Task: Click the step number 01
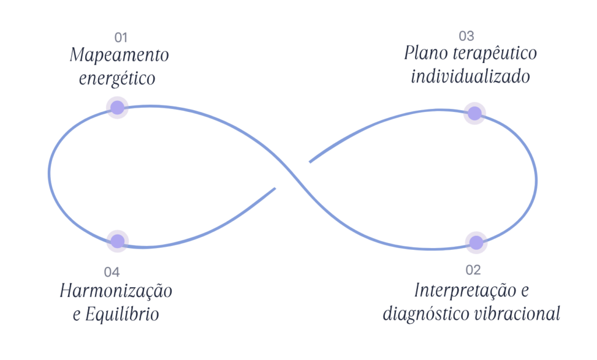(121, 38)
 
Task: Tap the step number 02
(473, 270)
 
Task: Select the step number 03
(466, 36)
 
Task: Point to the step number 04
(112, 271)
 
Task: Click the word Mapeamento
(119, 56)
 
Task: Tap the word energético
(117, 79)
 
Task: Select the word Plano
(426, 54)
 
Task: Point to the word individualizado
(470, 76)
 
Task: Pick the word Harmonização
(116, 291)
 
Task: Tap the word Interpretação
(459, 290)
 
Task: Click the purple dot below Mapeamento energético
(117, 107)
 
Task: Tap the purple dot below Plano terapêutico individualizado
(475, 112)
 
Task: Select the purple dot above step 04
(118, 241)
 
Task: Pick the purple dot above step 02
(476, 242)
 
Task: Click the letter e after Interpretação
(524, 290)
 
